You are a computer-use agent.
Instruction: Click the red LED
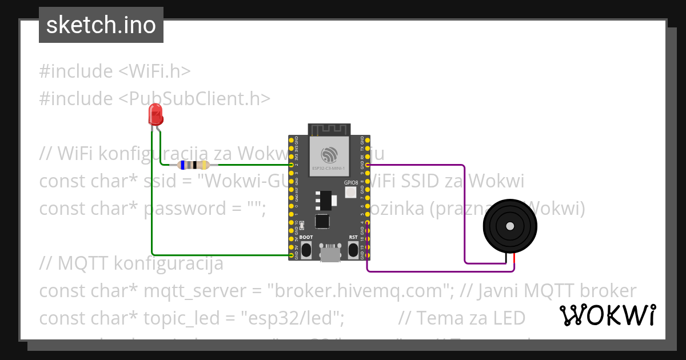(155, 115)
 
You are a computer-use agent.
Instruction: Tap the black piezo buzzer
(510, 226)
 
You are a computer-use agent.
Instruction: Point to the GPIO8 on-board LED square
(350, 193)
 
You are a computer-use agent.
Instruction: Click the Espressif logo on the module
(329, 155)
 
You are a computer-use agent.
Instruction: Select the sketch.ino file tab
(101, 25)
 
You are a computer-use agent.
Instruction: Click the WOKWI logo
(607, 315)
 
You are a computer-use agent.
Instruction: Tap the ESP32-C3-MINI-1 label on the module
(329, 169)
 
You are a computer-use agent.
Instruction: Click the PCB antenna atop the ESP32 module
(329, 130)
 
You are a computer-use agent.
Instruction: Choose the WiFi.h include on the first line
(154, 71)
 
